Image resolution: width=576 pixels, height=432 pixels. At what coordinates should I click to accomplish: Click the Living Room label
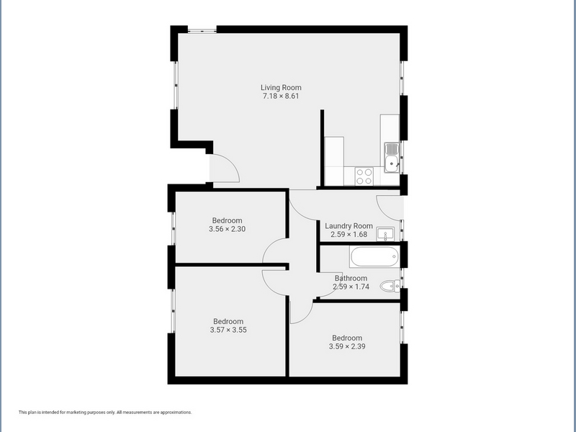coord(281,87)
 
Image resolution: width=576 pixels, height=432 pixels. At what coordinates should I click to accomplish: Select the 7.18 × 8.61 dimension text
coord(281,96)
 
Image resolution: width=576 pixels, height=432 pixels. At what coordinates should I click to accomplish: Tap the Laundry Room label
coord(348,226)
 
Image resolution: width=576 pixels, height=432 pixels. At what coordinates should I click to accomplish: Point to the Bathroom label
coord(351,278)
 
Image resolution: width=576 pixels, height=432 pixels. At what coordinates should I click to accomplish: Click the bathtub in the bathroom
coord(374,257)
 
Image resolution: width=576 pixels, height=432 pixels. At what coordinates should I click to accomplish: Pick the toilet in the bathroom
coord(390,286)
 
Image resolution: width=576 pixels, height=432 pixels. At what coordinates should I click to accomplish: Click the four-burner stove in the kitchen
coord(364,176)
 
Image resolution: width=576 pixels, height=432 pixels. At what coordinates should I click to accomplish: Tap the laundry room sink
coord(385,234)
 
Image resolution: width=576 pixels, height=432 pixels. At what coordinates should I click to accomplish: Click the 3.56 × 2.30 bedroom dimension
coord(227,229)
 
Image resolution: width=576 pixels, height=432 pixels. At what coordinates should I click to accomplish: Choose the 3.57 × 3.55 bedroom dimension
coord(228,330)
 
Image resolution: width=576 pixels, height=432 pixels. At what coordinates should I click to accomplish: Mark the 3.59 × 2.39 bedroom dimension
coord(347,346)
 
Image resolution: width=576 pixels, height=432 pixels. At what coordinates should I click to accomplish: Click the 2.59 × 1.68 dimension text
coord(348,235)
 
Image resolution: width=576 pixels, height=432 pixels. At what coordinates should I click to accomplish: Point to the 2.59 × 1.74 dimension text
coord(351,287)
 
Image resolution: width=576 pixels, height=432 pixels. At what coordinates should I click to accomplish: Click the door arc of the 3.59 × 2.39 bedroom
coord(307,317)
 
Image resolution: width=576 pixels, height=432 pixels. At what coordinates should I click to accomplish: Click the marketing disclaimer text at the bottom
coord(105,412)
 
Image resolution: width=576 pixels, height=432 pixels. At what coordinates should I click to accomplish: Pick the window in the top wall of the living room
coord(202,30)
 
